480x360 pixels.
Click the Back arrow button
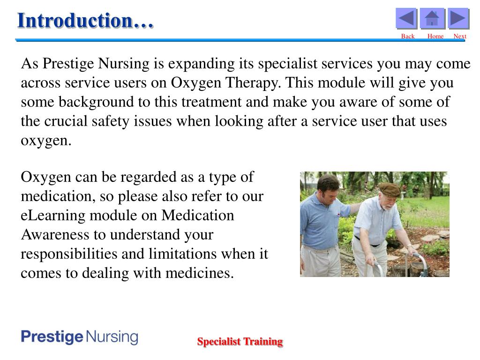[406, 19]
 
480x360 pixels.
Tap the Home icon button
[432, 19]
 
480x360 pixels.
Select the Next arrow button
[458, 19]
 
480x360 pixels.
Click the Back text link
[408, 37]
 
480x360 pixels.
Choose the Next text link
[460, 37]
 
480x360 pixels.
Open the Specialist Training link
[240, 342]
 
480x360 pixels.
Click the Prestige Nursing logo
[80, 337]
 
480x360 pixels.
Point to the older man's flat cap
[389, 189]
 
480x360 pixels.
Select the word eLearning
[53, 215]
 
